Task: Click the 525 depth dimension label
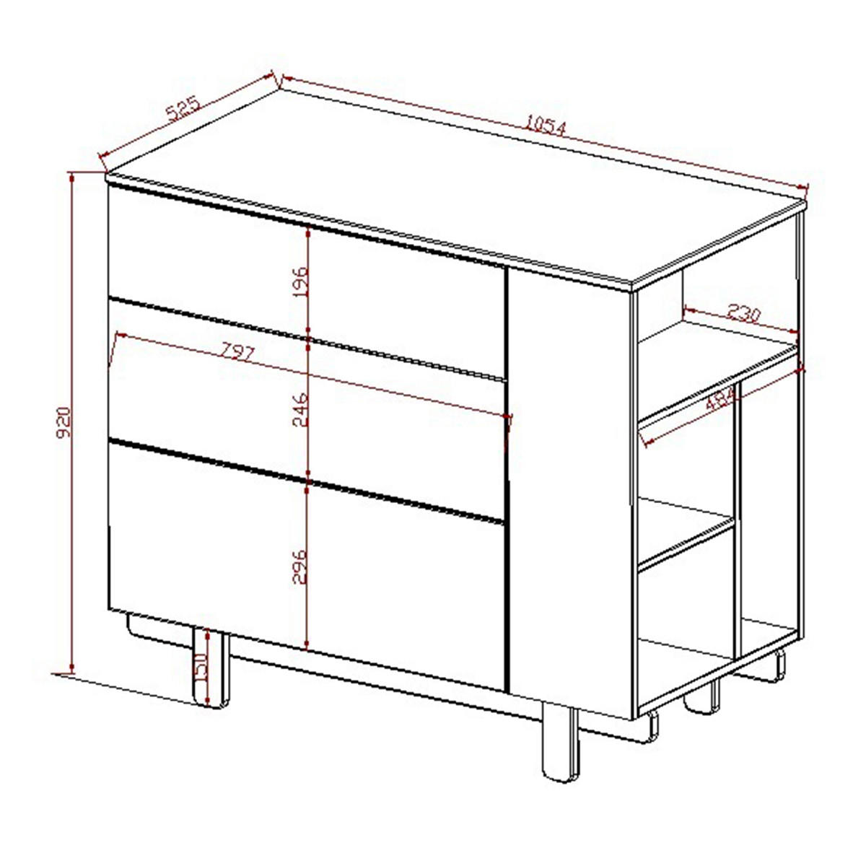(183, 109)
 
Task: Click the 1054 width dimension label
(546, 126)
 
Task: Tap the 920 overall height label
(64, 422)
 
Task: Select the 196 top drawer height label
(299, 282)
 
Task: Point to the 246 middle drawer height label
(299, 410)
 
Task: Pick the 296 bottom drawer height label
(299, 567)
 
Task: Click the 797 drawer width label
(237, 351)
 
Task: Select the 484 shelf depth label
(720, 399)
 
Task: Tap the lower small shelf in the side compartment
(686, 533)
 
